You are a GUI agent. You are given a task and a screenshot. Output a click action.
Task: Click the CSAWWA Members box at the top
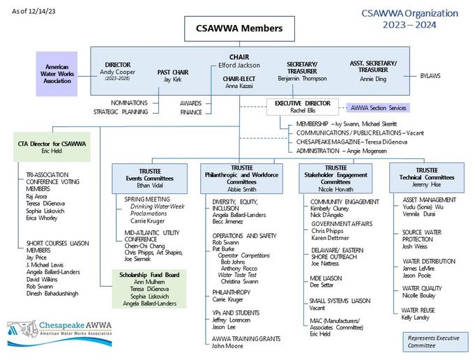coord(238,29)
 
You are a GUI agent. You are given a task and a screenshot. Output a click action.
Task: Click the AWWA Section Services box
coord(377,108)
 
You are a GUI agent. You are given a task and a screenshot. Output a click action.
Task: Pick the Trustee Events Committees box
coord(151,174)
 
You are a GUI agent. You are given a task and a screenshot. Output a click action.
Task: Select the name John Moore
coord(229,345)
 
